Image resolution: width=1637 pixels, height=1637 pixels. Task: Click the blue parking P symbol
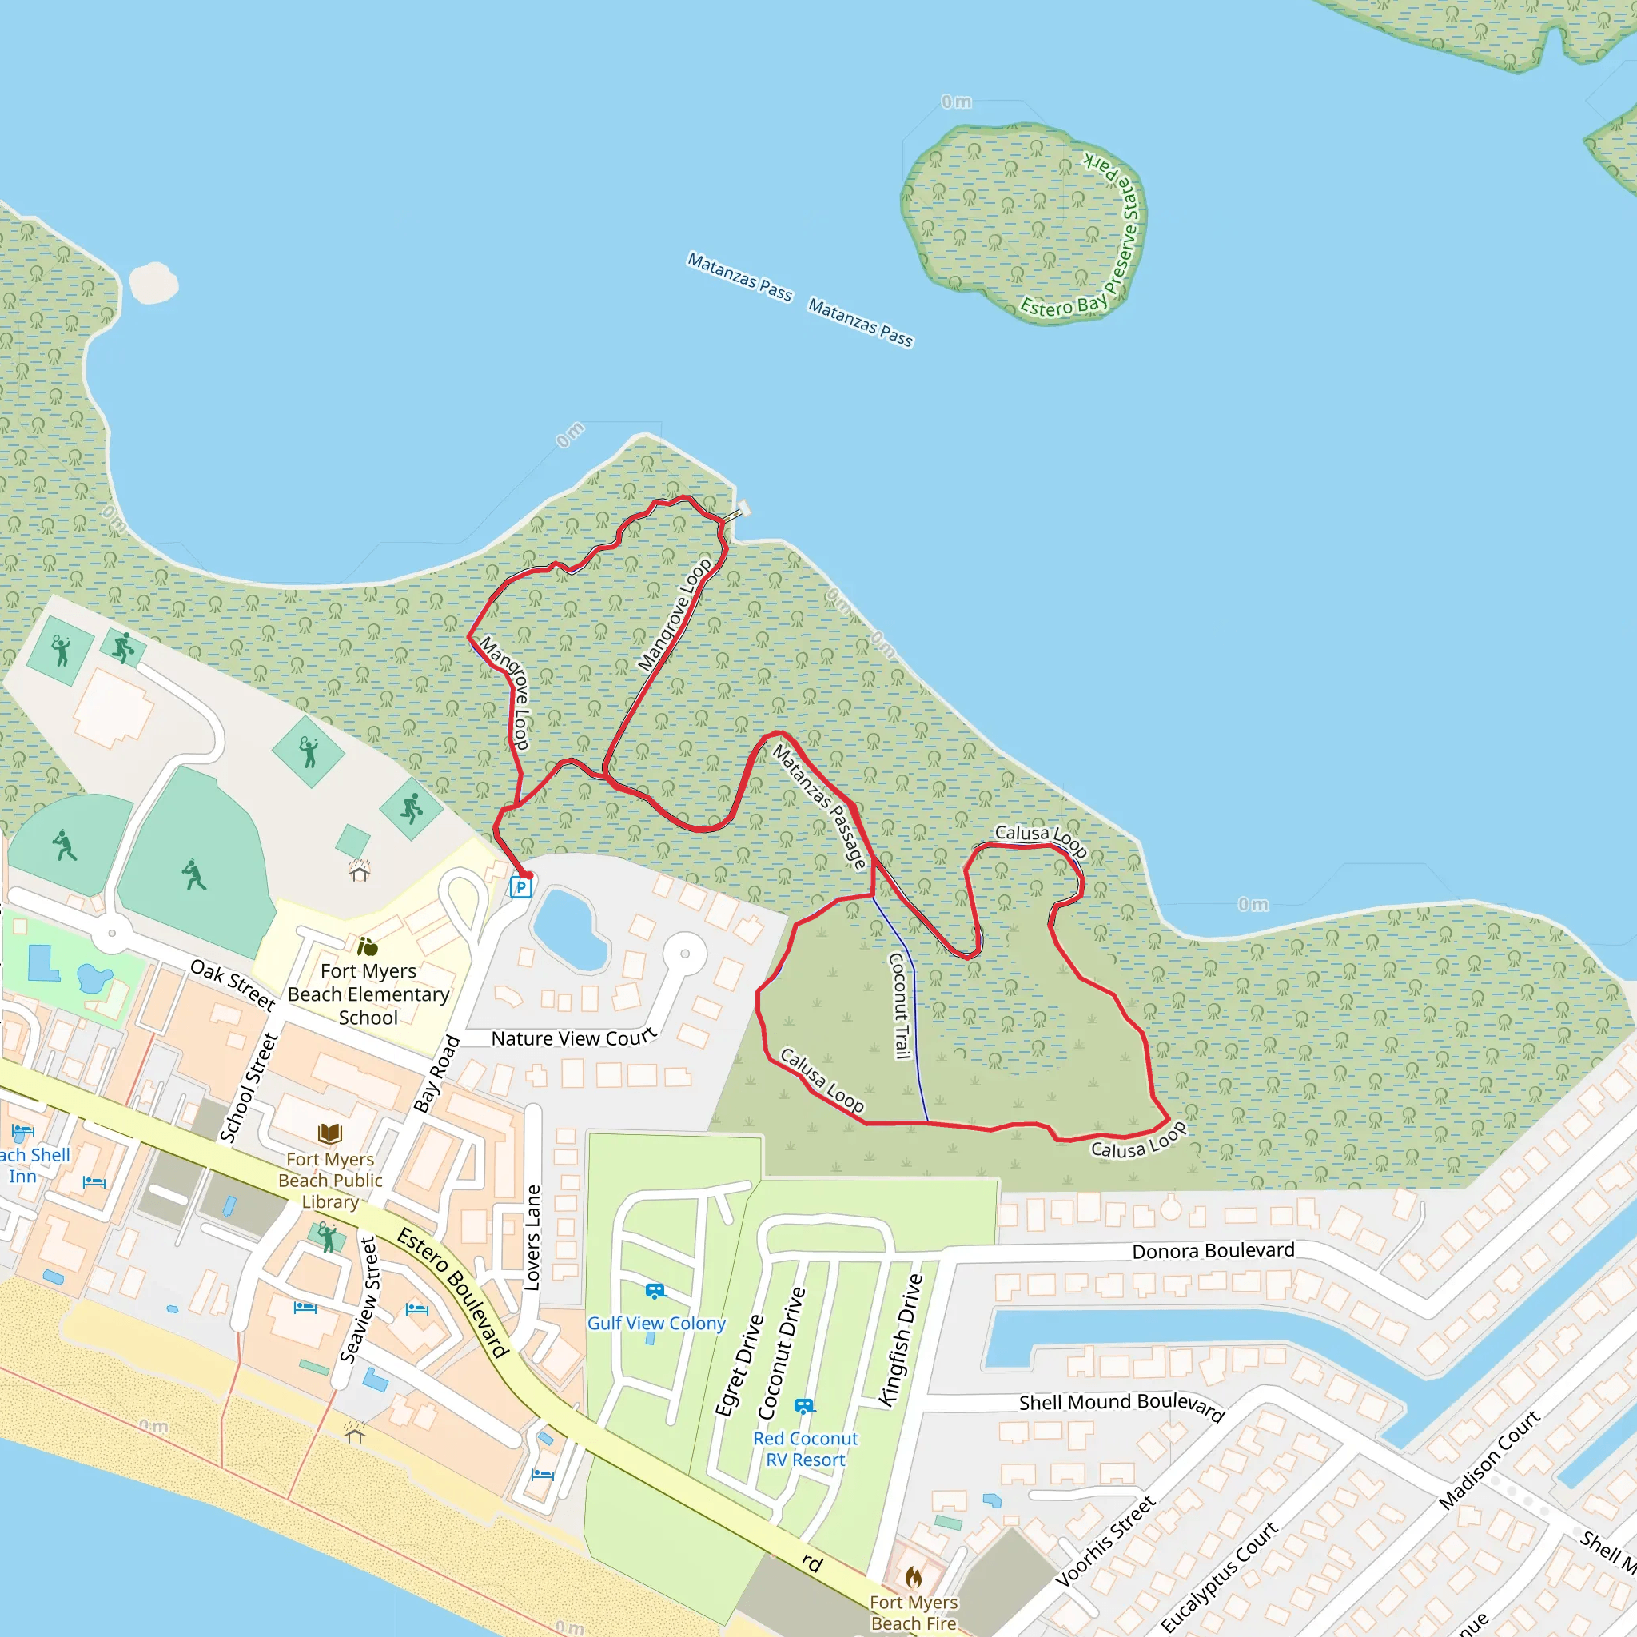click(x=520, y=887)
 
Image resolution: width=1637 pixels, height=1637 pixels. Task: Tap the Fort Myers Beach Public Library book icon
click(x=329, y=1133)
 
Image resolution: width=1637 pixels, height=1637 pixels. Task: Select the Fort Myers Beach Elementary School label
click(x=368, y=994)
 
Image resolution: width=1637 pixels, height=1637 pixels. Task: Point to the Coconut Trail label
click(x=899, y=1006)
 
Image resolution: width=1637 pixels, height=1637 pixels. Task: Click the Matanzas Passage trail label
click(x=820, y=807)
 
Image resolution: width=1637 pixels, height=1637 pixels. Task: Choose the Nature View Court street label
click(x=574, y=1038)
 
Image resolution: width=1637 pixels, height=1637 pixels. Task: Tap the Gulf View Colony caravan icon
click(x=655, y=1292)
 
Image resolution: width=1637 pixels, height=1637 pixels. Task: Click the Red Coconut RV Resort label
click(x=805, y=1449)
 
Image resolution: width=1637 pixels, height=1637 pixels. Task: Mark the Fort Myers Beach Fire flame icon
click(x=914, y=1577)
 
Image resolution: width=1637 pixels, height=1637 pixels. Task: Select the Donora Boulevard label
click(x=1213, y=1251)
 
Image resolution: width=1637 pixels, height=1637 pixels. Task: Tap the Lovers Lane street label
click(x=532, y=1237)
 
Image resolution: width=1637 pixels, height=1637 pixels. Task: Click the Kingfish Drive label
click(x=901, y=1340)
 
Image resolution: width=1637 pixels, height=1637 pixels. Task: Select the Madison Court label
click(x=1490, y=1459)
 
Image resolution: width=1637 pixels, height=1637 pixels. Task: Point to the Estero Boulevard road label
click(x=453, y=1292)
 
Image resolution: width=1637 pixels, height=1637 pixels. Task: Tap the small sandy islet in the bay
click(x=153, y=282)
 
